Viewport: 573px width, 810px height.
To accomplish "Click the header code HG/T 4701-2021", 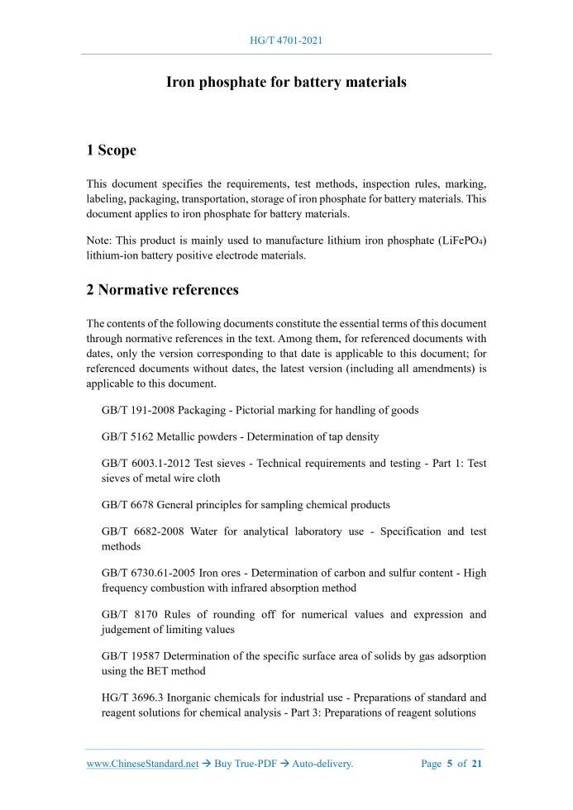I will pos(286,40).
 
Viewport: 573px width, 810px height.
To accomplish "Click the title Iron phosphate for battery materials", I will pos(286,83).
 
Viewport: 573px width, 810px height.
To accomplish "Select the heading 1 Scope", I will pos(112,150).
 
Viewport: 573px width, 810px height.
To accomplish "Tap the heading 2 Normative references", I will pos(162,290).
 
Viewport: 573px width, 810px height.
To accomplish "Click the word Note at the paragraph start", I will pos(99,241).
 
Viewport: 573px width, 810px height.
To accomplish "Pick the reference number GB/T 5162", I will pos(123,436).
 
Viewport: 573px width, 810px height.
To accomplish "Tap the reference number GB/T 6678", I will pos(123,504).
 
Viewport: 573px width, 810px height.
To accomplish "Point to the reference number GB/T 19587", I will pos(126,656).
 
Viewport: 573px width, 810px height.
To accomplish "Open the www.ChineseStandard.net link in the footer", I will pos(142,765).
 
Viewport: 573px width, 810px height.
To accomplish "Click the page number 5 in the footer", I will pos(452,765).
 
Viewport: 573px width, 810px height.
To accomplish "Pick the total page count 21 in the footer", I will pos(477,765).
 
